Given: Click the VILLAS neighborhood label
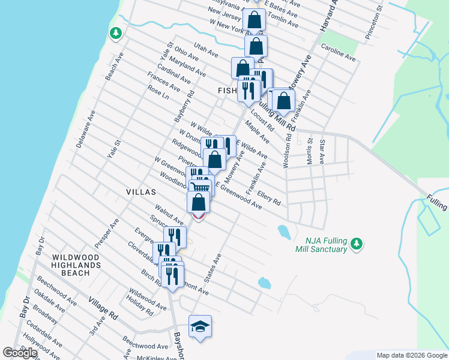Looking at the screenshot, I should (x=141, y=192).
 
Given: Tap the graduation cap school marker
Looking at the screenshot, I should (x=200, y=326).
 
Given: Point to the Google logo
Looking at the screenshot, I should (x=20, y=353).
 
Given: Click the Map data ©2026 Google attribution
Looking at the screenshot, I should (x=411, y=355).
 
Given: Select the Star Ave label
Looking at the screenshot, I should (x=322, y=151).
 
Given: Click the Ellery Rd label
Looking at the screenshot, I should (x=268, y=198).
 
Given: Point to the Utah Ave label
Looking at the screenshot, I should (x=205, y=49).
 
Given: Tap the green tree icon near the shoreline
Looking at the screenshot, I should (x=115, y=33).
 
